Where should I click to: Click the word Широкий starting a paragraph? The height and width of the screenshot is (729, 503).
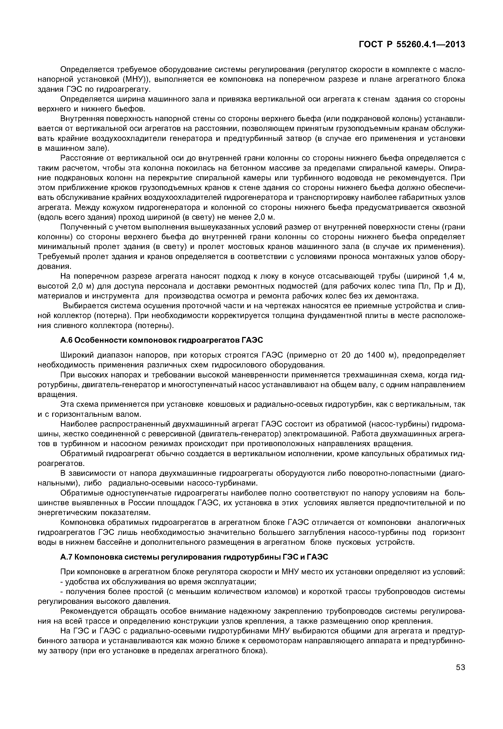(x=76, y=355)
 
